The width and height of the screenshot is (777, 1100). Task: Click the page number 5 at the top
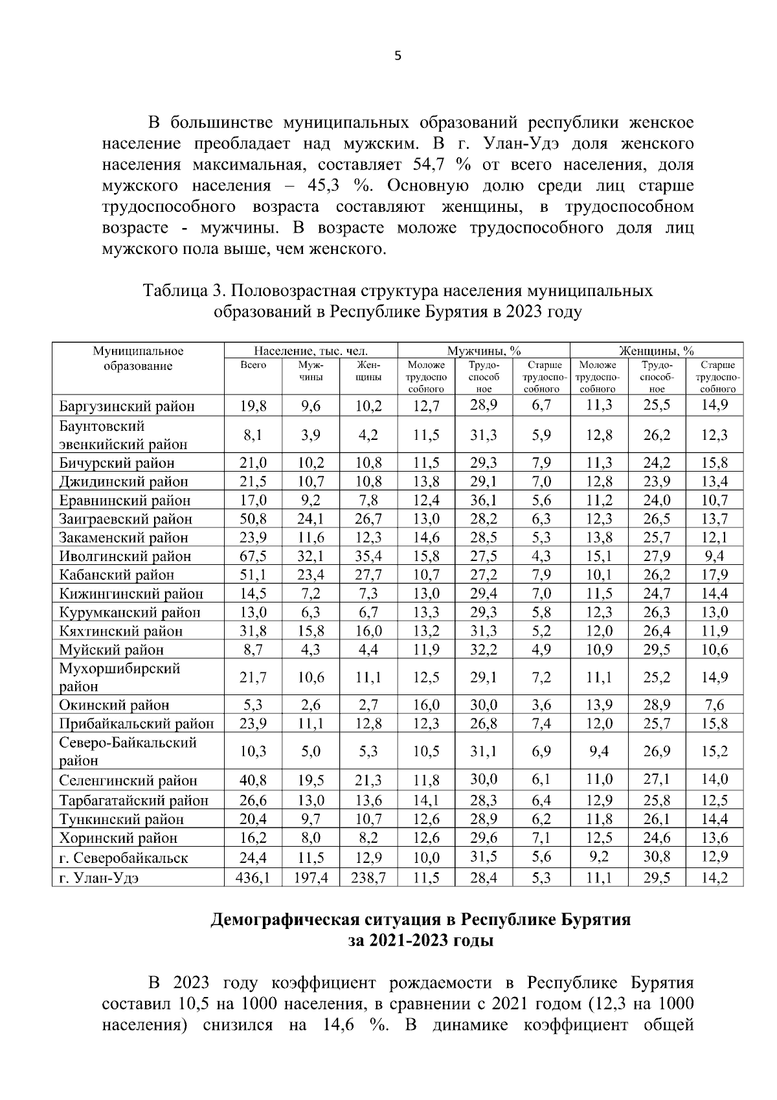click(398, 56)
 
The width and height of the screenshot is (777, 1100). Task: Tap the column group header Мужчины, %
click(484, 351)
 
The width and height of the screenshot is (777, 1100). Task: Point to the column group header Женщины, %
click(656, 351)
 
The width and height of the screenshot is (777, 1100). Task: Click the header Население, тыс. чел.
click(310, 351)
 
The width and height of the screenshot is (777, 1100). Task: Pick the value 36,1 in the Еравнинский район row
click(483, 499)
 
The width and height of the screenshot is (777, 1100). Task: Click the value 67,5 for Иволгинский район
click(253, 556)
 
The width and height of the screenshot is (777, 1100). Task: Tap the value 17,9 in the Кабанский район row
click(714, 575)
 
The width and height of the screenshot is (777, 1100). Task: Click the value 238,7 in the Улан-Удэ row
click(368, 878)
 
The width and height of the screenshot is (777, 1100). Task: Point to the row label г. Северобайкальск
click(123, 858)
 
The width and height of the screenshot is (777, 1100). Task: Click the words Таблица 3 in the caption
click(183, 291)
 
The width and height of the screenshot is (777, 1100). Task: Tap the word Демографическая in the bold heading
click(282, 920)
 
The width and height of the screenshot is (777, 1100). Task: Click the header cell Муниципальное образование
click(137, 358)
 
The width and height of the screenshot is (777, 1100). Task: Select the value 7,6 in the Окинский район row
click(714, 705)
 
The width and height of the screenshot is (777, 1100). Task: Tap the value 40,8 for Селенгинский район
click(253, 780)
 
